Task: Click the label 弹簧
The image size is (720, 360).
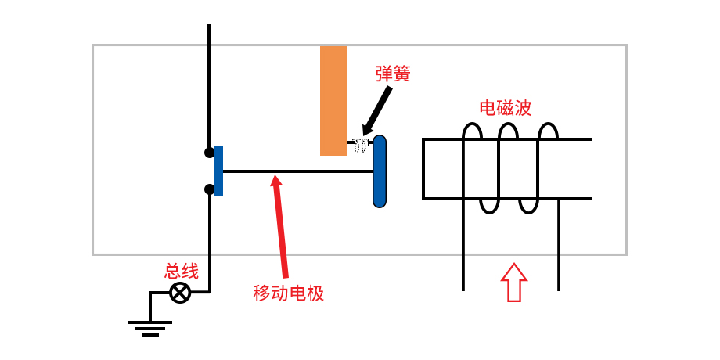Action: click(x=393, y=74)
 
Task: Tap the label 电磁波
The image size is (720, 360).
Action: click(x=505, y=108)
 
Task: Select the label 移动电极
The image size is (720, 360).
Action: click(x=288, y=293)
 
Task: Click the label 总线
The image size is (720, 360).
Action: click(x=181, y=272)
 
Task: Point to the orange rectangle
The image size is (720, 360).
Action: click(x=333, y=100)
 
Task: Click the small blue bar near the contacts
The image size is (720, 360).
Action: click(x=218, y=171)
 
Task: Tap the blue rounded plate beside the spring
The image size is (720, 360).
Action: click(x=380, y=171)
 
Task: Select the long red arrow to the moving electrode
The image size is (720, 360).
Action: click(x=280, y=227)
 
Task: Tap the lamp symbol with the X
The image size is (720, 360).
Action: click(x=180, y=293)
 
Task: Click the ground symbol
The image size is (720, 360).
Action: click(x=150, y=326)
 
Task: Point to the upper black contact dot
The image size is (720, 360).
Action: click(x=209, y=153)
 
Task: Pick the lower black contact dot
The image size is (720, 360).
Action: click(x=209, y=189)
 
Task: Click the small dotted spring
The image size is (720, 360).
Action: click(x=360, y=145)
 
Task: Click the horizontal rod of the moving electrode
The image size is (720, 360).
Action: click(x=297, y=171)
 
